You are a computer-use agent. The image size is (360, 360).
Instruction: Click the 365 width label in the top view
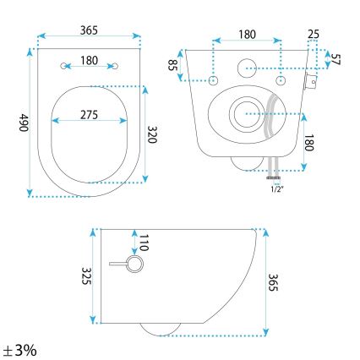tap(89, 30)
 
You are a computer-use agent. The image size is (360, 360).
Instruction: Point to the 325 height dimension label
tap(85, 275)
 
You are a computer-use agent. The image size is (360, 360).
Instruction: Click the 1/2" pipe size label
tap(275, 188)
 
